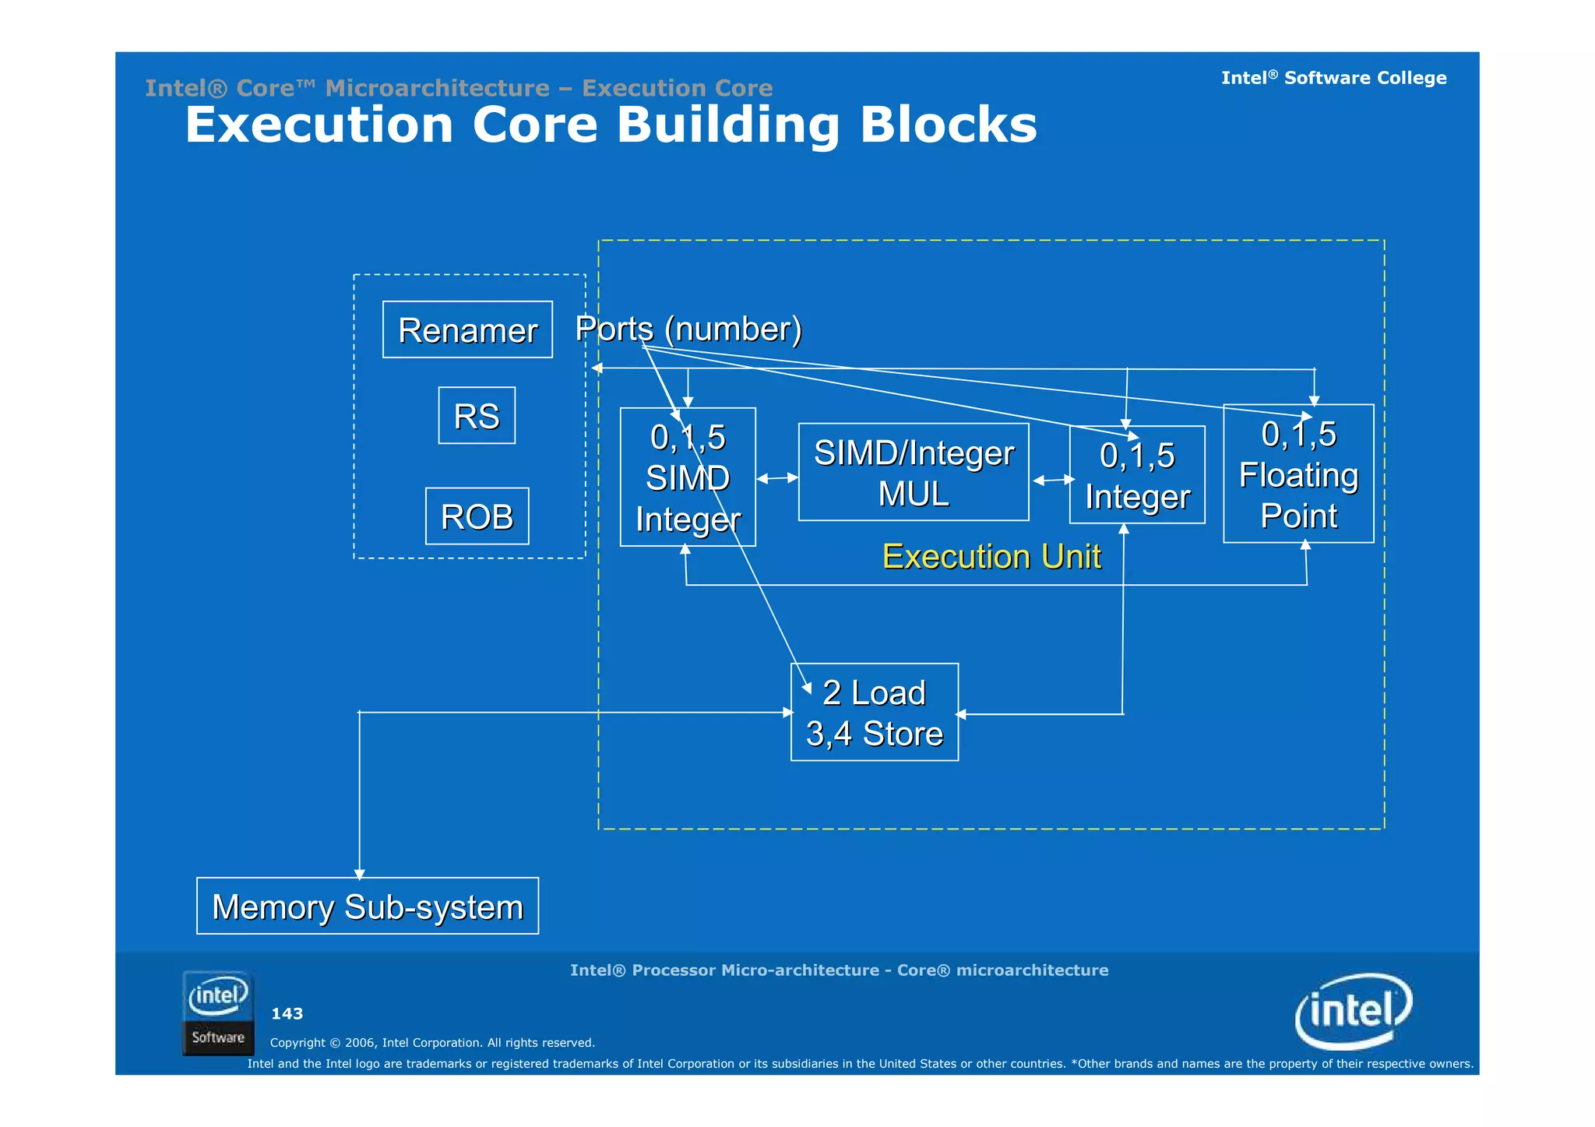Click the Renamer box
coord(467,329)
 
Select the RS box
coord(477,415)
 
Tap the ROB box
coord(477,516)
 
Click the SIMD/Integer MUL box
coord(914,473)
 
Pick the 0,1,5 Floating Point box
coord(1298,474)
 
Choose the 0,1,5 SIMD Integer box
coord(688,477)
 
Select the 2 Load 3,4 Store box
coord(874,713)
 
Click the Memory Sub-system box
coord(368,906)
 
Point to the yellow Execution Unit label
coord(991,556)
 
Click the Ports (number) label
coord(688,329)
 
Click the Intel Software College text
coord(1333,78)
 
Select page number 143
coord(287,1013)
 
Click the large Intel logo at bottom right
coord(1354,1011)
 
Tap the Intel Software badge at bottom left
coord(218,1013)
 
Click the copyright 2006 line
coord(432,1042)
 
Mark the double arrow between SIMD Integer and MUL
coord(777,478)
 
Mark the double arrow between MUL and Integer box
coord(1053,480)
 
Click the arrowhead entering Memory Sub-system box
coord(359,874)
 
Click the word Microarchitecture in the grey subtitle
coord(438,88)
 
